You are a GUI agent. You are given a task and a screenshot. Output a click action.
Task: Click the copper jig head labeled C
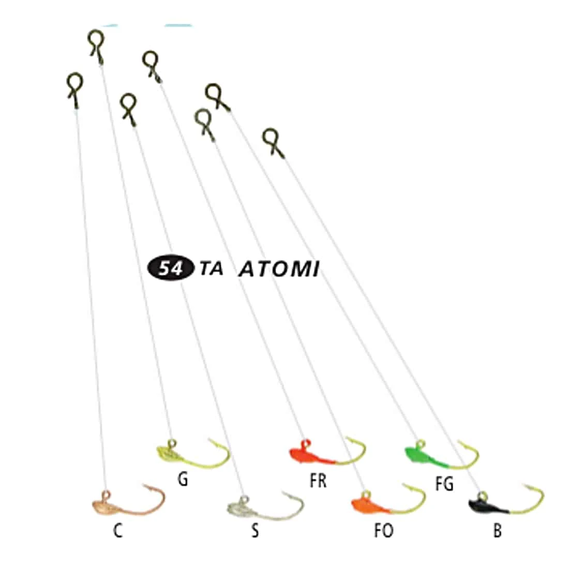click(128, 501)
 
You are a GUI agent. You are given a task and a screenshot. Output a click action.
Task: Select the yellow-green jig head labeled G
click(193, 453)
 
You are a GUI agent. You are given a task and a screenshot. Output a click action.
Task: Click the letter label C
click(118, 531)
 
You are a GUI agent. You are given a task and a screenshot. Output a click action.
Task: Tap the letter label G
click(183, 479)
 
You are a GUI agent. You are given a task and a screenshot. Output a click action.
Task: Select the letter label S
click(255, 531)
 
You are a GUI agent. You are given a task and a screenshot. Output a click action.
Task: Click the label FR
click(318, 481)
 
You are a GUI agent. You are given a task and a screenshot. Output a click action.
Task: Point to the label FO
click(384, 531)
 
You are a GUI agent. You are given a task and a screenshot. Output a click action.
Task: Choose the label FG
click(444, 484)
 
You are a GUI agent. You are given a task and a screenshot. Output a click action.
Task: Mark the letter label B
click(498, 531)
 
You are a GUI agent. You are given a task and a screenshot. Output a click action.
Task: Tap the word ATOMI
click(279, 269)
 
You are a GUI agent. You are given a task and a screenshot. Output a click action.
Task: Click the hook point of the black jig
click(523, 485)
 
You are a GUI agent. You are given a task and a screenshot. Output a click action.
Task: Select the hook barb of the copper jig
click(146, 486)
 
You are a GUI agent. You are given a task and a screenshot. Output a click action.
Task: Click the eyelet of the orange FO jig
click(366, 494)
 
